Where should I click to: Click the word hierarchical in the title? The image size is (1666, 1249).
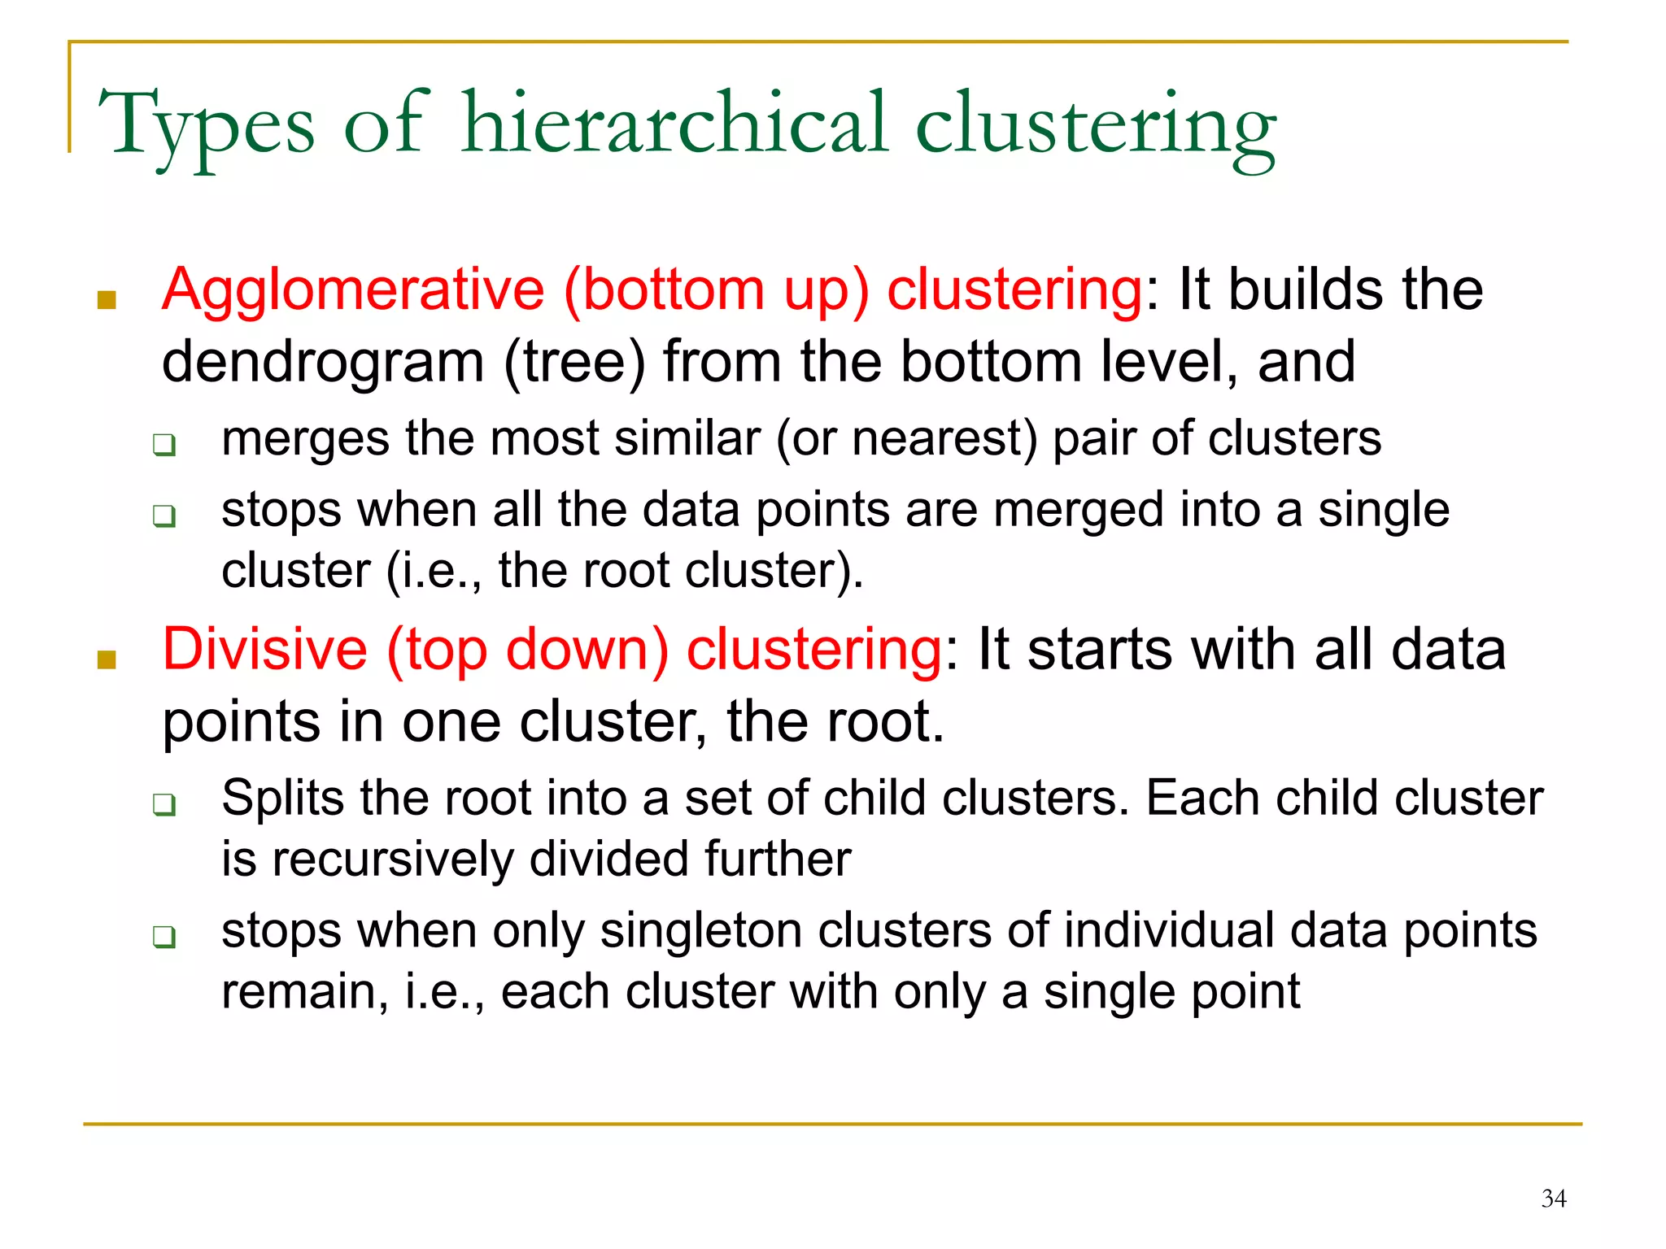point(674,124)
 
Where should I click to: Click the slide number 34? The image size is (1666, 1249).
point(1553,1198)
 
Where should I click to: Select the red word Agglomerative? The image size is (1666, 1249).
point(353,289)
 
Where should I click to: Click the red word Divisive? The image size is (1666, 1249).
point(265,650)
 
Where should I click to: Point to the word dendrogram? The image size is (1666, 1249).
point(323,363)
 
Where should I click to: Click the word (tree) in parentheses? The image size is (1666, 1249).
point(574,363)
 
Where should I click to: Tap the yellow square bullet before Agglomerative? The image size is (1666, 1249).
point(107,301)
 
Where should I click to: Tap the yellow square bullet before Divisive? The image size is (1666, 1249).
point(107,659)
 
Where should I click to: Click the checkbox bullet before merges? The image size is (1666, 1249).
point(164,445)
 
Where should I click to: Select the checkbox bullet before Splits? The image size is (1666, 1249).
point(164,805)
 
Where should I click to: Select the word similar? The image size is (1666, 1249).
point(687,439)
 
